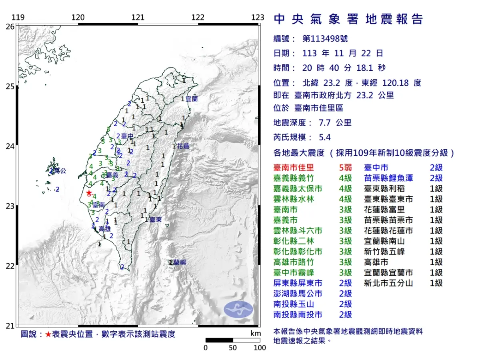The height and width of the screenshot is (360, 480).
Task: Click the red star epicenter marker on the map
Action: pos(88,193)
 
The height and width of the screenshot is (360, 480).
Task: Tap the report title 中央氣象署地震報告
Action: pos(348,19)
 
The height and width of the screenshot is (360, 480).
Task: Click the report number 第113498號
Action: pos(325,38)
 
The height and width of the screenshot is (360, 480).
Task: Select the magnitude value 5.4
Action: pos(324,138)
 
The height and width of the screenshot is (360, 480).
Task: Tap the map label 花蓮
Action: pos(183,146)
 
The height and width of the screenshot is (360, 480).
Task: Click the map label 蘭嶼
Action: pos(178,262)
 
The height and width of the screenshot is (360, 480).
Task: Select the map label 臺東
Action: pos(156,220)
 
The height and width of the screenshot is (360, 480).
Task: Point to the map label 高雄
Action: pos(104,229)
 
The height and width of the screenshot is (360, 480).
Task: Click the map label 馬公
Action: pos(60,171)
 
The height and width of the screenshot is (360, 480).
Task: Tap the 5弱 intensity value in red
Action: pos(345,168)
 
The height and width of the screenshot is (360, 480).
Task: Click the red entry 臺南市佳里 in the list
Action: pos(294,168)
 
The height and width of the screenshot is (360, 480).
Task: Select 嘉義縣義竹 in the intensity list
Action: pos(294,178)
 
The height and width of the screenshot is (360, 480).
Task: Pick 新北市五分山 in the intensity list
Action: pos(388,283)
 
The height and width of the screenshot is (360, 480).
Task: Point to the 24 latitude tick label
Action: pos(10,146)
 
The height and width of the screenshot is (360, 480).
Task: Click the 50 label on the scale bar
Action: pos(233,348)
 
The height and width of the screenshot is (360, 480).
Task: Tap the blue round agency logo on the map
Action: pos(238,309)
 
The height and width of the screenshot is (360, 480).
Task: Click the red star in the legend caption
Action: pos(48,334)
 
